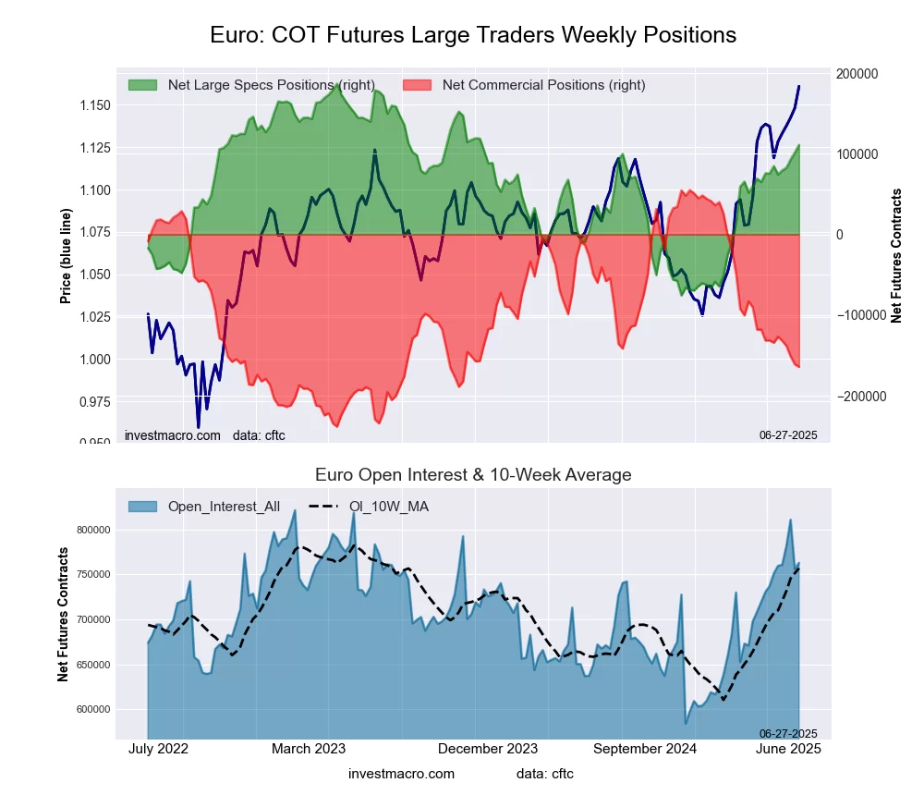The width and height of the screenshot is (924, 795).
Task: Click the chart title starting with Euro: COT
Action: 473,35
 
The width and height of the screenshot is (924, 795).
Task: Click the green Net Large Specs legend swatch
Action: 142,85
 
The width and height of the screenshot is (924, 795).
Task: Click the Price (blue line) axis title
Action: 66,256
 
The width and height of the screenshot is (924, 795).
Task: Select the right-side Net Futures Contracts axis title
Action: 895,255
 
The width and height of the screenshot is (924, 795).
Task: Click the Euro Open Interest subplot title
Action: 473,475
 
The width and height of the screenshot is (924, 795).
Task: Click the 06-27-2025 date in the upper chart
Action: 788,434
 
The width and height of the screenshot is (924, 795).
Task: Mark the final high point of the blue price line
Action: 799,86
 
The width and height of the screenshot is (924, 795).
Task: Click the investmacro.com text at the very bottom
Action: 401,773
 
